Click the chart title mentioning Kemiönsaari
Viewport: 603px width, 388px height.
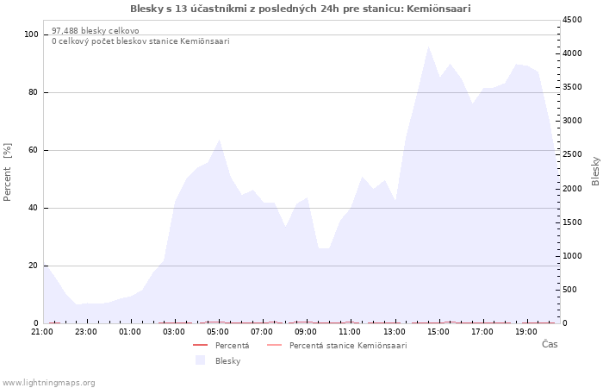(301, 9)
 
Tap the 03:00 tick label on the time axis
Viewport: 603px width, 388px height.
(174, 332)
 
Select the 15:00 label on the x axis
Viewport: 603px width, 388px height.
(438, 332)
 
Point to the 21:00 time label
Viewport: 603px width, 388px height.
(42, 332)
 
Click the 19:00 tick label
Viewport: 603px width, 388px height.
(526, 332)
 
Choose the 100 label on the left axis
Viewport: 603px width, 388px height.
(31, 34)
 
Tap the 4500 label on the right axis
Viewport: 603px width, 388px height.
(572, 20)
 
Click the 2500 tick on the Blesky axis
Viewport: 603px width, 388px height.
(572, 154)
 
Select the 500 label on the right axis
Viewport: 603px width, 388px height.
(570, 290)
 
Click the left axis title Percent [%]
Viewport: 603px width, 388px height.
(7, 172)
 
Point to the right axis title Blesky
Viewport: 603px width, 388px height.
(595, 172)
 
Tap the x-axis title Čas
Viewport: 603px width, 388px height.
(550, 344)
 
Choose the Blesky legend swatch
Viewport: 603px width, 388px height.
(201, 360)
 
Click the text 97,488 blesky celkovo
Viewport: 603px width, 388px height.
(96, 31)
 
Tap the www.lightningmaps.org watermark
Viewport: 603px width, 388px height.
(48, 383)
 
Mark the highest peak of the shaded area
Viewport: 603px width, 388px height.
(428, 47)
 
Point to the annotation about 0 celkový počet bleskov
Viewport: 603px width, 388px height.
(140, 41)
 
